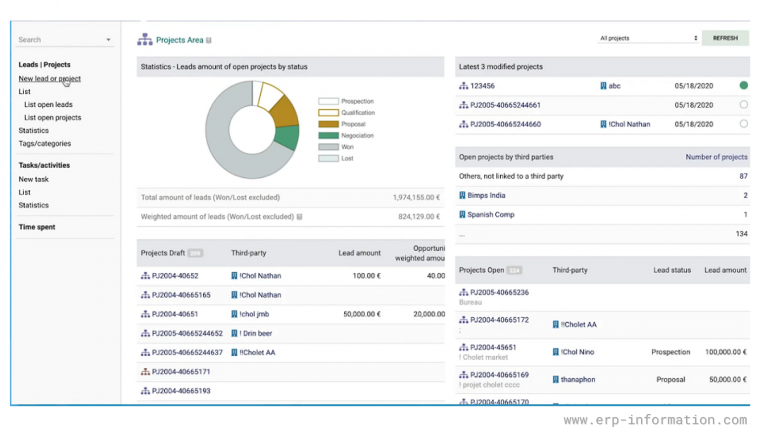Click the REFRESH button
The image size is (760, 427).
point(725,38)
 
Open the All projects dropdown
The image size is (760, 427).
point(648,38)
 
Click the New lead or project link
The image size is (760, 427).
point(49,79)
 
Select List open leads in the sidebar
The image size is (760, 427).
point(48,104)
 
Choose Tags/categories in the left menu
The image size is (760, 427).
point(45,143)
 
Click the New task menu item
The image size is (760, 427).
point(34,179)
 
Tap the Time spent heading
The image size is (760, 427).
point(37,227)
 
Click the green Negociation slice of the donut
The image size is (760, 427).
point(288,137)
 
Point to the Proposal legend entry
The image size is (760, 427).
point(353,124)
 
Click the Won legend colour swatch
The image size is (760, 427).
point(328,147)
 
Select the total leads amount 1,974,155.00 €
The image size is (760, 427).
point(416,197)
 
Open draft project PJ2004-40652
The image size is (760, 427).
point(175,276)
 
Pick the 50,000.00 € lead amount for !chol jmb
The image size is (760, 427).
point(362,314)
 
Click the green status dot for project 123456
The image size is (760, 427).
point(743,85)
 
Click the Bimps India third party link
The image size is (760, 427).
point(486,195)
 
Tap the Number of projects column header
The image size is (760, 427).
point(716,157)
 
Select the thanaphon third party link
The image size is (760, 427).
point(577,380)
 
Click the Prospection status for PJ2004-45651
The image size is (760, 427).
point(670,352)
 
